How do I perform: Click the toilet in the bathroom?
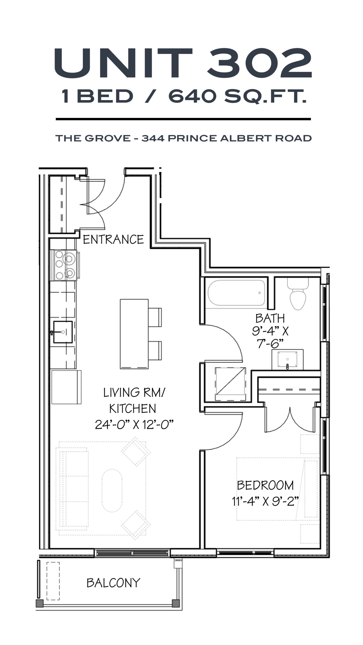[298, 294]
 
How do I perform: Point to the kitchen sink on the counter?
[63, 332]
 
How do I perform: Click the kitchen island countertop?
[134, 334]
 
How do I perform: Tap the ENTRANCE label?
[113, 239]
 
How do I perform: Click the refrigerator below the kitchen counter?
[66, 387]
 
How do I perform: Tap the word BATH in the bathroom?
[270, 318]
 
